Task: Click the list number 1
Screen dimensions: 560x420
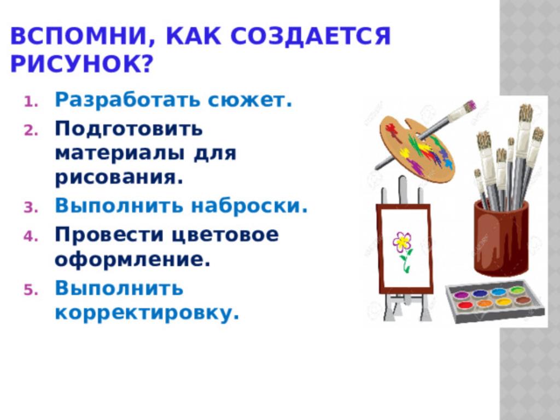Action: coord(31,102)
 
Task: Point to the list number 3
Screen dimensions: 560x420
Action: coord(31,208)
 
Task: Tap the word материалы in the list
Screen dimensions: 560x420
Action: coord(120,154)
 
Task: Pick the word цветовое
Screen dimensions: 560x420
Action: coord(225,235)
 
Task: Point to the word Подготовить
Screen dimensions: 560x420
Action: coord(129,128)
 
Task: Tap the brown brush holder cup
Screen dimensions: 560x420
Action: coord(501,238)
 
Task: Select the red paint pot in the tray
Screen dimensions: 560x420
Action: coord(465,305)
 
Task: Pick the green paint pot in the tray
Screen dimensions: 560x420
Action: coord(516,290)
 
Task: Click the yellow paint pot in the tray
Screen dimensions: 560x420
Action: coord(504,302)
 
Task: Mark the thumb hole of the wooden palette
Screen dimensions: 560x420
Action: coord(413,125)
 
